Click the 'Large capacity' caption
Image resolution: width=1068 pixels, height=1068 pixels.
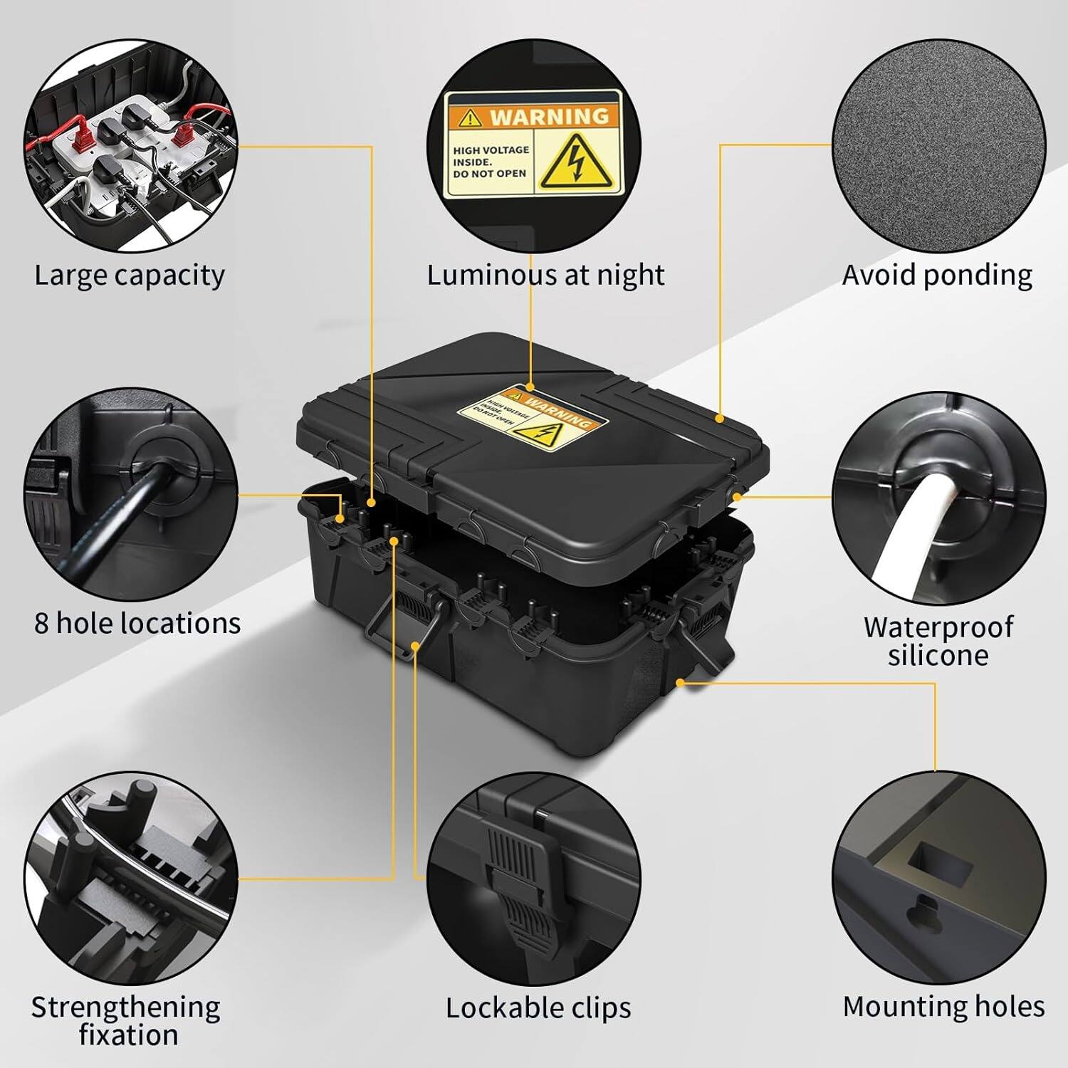point(130,275)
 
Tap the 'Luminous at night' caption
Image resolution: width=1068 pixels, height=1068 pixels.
point(545,275)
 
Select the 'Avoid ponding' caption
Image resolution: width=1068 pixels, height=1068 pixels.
point(937,275)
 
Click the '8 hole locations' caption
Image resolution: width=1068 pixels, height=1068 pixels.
point(137,623)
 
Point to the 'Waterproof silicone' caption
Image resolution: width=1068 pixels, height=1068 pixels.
point(938,641)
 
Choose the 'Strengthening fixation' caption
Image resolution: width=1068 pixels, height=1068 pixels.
point(126,1020)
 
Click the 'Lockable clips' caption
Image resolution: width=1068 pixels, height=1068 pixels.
point(538,1007)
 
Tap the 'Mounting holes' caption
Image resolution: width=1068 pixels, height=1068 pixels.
point(943,1006)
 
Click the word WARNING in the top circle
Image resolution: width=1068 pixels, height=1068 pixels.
point(549,116)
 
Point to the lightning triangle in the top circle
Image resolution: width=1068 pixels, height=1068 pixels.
point(577,165)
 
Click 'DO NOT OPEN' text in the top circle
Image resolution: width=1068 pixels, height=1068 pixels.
point(490,174)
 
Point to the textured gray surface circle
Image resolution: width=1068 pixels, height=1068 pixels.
point(938,146)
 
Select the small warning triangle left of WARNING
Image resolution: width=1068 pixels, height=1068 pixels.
point(470,117)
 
